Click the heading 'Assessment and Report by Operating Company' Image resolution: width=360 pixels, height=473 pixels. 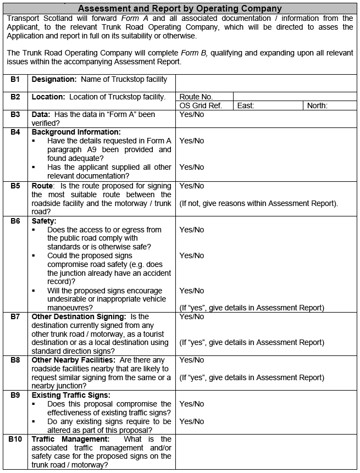pyautogui.click(x=180, y=8)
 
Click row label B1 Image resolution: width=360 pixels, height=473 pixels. pyautogui.click(x=15, y=80)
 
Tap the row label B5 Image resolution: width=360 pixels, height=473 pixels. pyautogui.click(x=15, y=186)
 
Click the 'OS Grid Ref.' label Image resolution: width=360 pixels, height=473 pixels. pyautogui.click(x=201, y=105)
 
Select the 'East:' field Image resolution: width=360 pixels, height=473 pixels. pyautogui.click(x=246, y=105)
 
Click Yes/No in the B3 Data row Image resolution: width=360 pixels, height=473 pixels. pyautogui.click(x=191, y=114)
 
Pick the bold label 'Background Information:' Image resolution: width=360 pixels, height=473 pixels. pyautogui.click(x=76, y=132)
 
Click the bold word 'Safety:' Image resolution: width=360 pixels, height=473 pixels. pyautogui.click(x=44, y=221)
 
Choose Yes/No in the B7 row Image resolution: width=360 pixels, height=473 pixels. pyautogui.click(x=191, y=316)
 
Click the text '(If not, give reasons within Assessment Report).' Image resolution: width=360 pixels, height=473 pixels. pyautogui.click(x=258, y=203)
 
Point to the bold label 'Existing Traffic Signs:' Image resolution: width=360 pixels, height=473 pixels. pyautogui.click(x=71, y=395)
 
